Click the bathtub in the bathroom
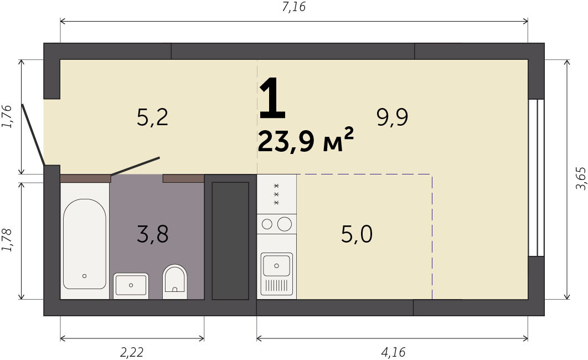(x=84, y=244)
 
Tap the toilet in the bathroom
(x=175, y=281)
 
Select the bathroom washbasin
(x=131, y=285)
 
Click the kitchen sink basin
(x=277, y=265)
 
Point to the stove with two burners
(x=277, y=224)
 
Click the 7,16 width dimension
(x=294, y=7)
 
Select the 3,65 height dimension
(x=580, y=178)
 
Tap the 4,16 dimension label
(x=393, y=352)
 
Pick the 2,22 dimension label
(x=132, y=352)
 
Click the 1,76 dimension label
(x=7, y=117)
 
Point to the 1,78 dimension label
(x=7, y=240)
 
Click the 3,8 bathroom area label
(x=153, y=234)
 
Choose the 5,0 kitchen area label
(x=357, y=234)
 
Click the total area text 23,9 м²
(x=306, y=140)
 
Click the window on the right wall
(x=536, y=178)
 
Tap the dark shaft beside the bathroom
(x=230, y=241)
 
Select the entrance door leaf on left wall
(x=33, y=135)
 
